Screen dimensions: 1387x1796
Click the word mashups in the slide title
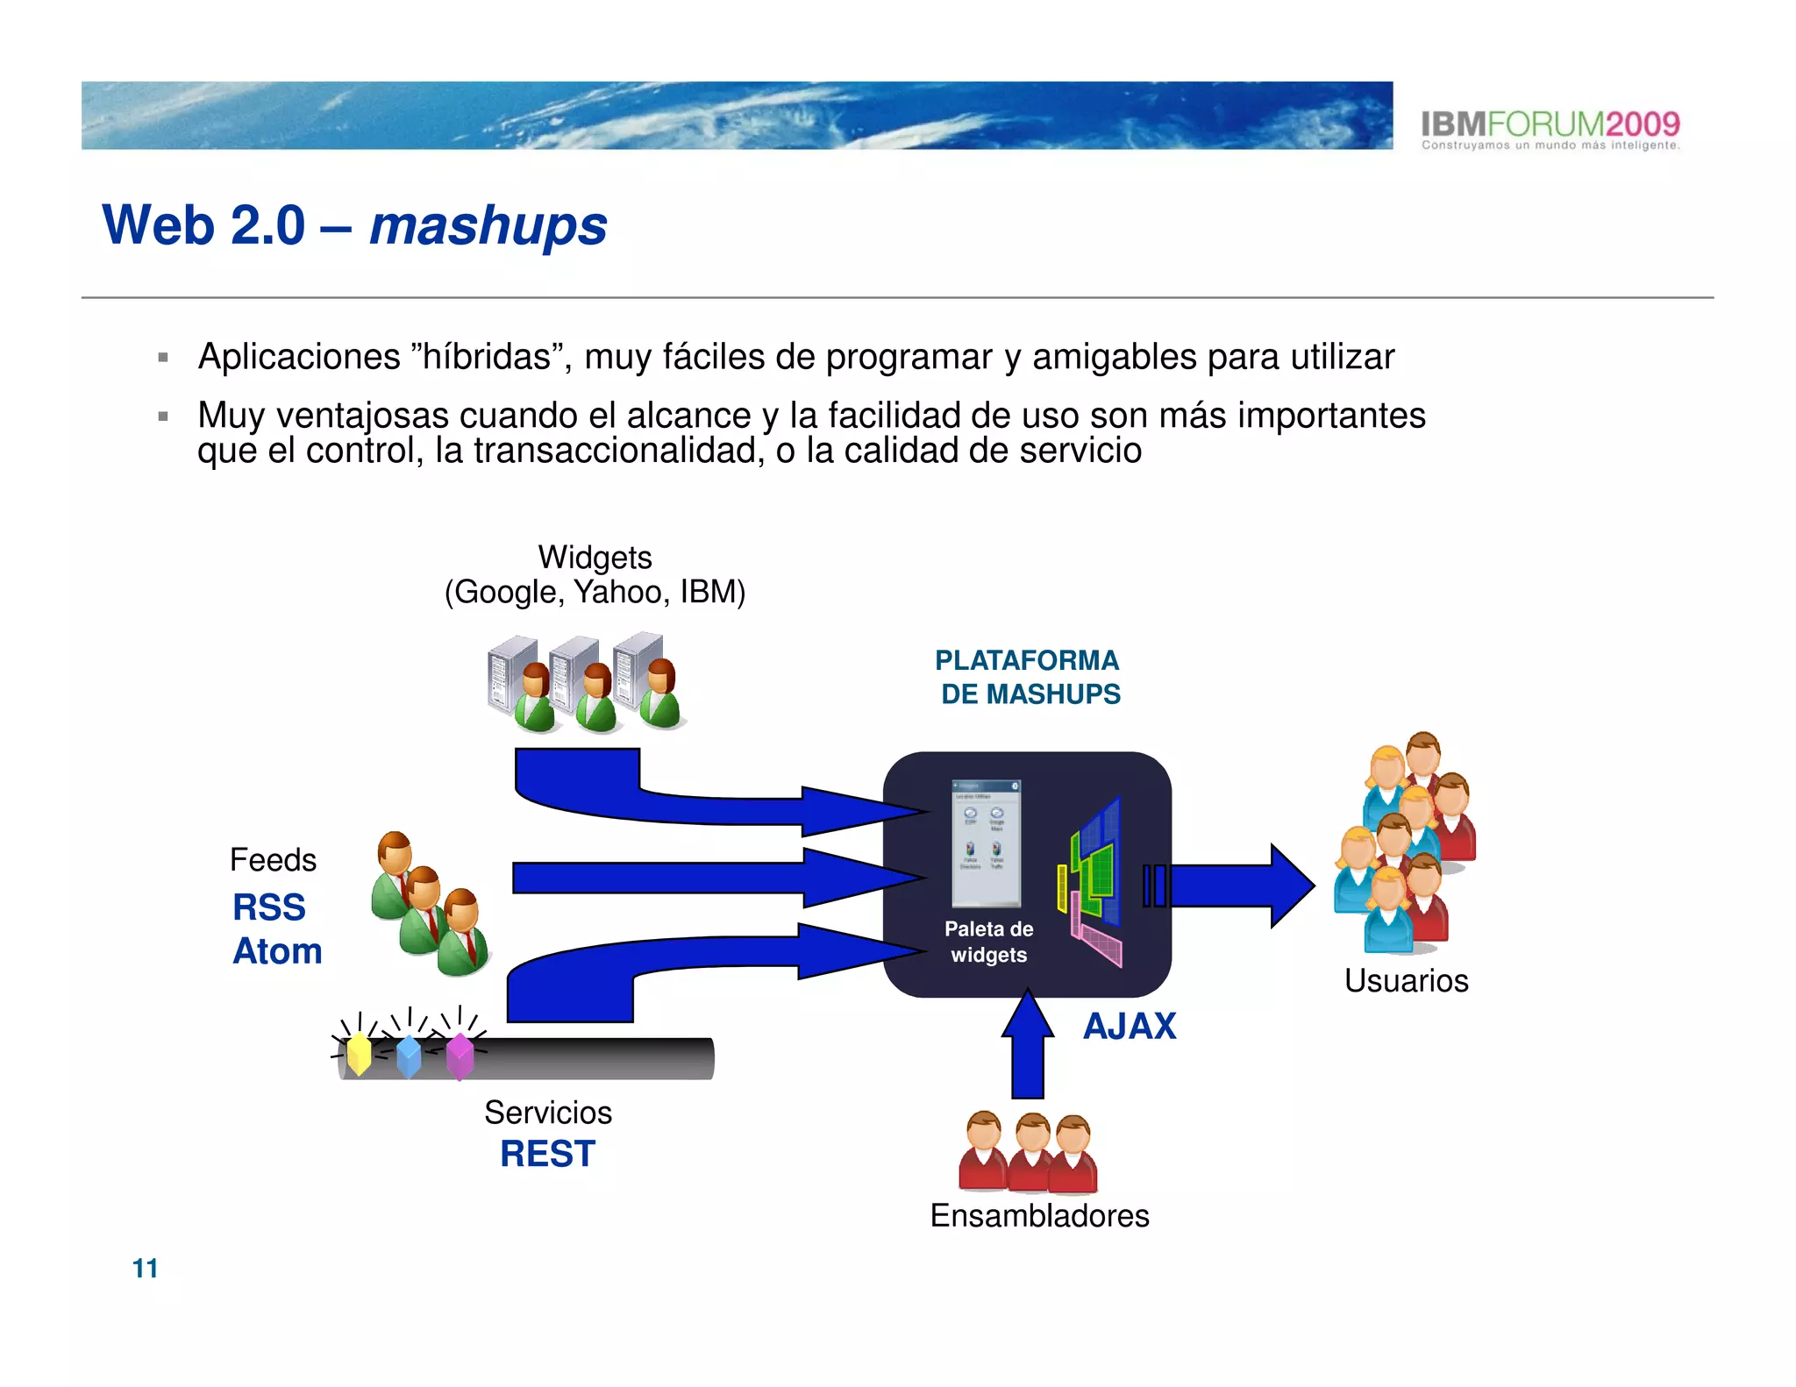(488, 226)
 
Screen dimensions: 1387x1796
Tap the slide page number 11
(145, 1268)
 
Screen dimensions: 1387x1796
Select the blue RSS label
(268, 907)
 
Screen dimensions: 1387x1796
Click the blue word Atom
(277, 951)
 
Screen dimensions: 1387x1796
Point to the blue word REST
(547, 1154)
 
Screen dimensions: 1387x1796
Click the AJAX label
(1130, 1027)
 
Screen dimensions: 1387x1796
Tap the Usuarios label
(1406, 980)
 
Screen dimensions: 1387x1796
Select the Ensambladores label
(1039, 1216)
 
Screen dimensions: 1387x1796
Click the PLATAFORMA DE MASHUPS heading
(1028, 677)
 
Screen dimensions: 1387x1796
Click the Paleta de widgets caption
(988, 942)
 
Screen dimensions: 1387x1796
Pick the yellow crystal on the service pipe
(360, 1054)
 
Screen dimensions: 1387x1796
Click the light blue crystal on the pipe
(409, 1056)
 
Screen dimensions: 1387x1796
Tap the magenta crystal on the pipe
(460, 1056)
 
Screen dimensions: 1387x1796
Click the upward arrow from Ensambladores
(1028, 1048)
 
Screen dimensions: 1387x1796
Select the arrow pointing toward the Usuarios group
(1241, 886)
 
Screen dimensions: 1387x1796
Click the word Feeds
(273, 860)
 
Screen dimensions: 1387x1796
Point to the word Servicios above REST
(548, 1113)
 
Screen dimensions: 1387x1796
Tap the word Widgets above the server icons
(595, 558)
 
